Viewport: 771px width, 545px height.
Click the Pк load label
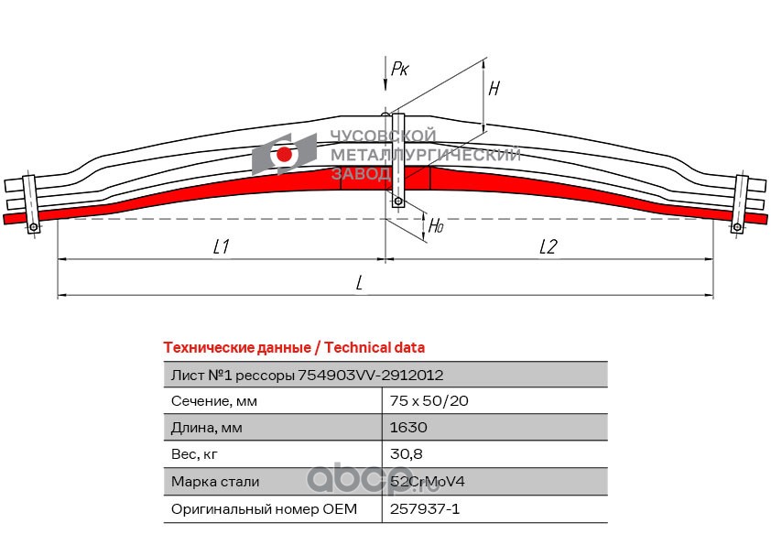(399, 69)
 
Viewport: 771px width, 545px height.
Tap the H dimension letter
(494, 89)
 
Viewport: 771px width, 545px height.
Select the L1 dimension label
(220, 246)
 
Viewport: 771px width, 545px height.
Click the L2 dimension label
(548, 246)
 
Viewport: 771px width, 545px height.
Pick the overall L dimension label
(360, 283)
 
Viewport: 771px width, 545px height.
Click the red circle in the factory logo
(285, 156)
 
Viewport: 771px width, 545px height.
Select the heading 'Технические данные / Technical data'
(293, 348)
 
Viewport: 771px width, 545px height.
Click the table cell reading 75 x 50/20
(429, 401)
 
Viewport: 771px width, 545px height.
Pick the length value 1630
(408, 428)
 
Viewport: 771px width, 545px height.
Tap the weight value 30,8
(406, 454)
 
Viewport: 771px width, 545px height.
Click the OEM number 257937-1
(424, 507)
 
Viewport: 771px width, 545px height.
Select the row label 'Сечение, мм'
(214, 401)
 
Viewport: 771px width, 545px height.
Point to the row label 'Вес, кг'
(196, 454)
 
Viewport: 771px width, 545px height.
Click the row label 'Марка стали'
(215, 481)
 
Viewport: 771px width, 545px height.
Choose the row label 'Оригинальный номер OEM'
(264, 507)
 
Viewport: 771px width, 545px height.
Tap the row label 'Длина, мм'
(208, 428)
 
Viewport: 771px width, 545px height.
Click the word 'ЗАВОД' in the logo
(360, 173)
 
